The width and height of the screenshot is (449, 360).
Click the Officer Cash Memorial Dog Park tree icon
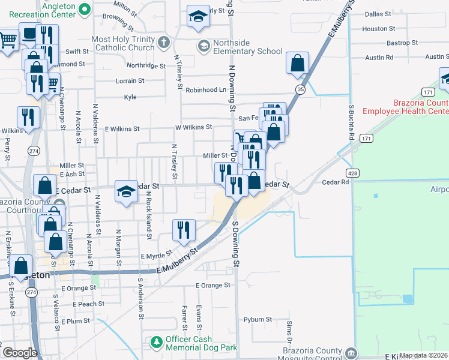tap(156, 342)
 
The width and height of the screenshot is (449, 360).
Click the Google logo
tap(20, 353)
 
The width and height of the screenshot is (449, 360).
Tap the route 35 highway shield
tap(300, 89)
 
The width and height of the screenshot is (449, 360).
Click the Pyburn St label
tap(258, 320)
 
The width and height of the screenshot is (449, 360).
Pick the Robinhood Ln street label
tap(205, 90)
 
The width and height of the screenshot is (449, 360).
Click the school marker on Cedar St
tap(125, 191)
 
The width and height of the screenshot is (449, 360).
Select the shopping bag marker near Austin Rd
tap(298, 62)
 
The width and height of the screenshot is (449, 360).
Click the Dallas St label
tap(378, 13)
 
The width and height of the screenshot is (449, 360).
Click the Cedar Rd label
tap(335, 182)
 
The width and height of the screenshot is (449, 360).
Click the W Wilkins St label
tap(193, 127)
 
